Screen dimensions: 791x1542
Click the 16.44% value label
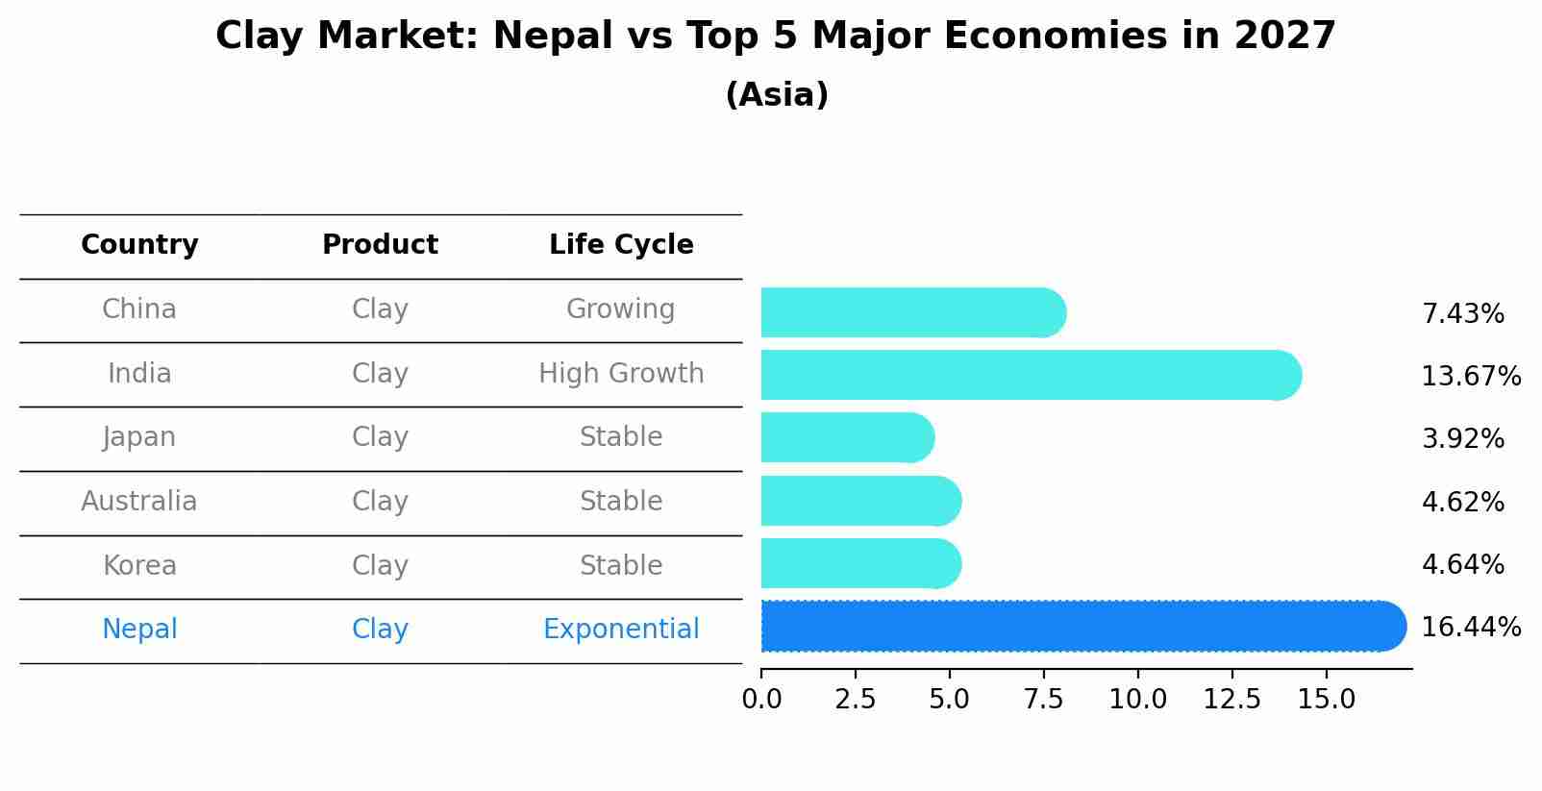1470,628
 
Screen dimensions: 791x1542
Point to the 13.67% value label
1470,376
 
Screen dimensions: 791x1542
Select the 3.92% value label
1462,439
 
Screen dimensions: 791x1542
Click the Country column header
139,245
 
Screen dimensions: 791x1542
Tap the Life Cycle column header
621,245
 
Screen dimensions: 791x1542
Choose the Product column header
380,245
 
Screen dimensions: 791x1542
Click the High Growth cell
621,374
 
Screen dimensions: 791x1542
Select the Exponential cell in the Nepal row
621,630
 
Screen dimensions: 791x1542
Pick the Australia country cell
139,502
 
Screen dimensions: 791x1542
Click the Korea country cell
139,566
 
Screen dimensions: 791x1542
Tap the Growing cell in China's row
620,309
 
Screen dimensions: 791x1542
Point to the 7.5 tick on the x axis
1043,700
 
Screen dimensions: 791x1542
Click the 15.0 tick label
1326,700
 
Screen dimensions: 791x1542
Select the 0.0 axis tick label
761,700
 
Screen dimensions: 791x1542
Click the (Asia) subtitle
777,95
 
